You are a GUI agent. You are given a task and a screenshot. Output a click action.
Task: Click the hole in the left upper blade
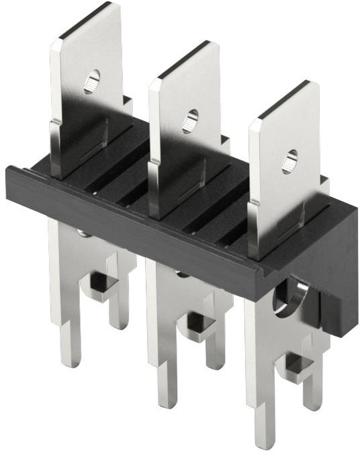pyautogui.click(x=91, y=81)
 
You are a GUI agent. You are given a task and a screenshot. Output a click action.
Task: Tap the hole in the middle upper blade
pyautogui.click(x=190, y=120)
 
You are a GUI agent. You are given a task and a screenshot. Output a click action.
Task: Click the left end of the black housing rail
pyautogui.click(x=12, y=181)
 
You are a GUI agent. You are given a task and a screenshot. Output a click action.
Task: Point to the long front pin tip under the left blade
pyautogui.click(x=69, y=356)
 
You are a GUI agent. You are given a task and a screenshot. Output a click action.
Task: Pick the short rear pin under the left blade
pyautogui.click(x=120, y=316)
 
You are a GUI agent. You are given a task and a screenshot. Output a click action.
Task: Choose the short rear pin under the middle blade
pyautogui.click(x=215, y=356)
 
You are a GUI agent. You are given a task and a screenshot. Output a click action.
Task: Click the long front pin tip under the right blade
pyautogui.click(x=263, y=437)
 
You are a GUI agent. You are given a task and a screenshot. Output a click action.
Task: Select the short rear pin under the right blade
pyautogui.click(x=313, y=397)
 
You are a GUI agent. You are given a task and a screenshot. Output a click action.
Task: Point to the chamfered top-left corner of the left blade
pyautogui.click(x=55, y=44)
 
